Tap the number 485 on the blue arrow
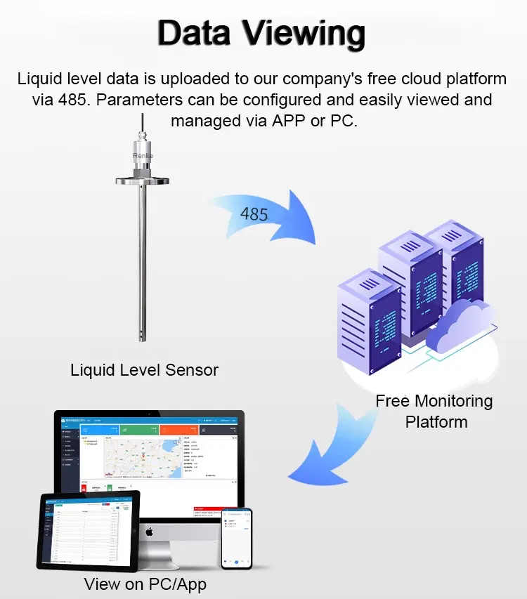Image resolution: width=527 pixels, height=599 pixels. pos(254,213)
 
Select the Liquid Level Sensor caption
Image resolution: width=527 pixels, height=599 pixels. pos(144,369)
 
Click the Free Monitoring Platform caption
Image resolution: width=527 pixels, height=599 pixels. pos(434,411)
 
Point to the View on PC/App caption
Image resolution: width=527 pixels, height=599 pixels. pos(145,584)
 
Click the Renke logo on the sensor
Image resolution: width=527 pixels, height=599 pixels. pos(143,155)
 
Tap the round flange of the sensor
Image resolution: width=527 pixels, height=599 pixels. pos(143,180)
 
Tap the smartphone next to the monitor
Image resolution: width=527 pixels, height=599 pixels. pos(236,537)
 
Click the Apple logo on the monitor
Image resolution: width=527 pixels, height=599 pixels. pos(149,532)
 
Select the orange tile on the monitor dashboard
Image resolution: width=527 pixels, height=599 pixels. pos(178,429)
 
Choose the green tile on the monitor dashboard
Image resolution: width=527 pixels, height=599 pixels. pos(139,429)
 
